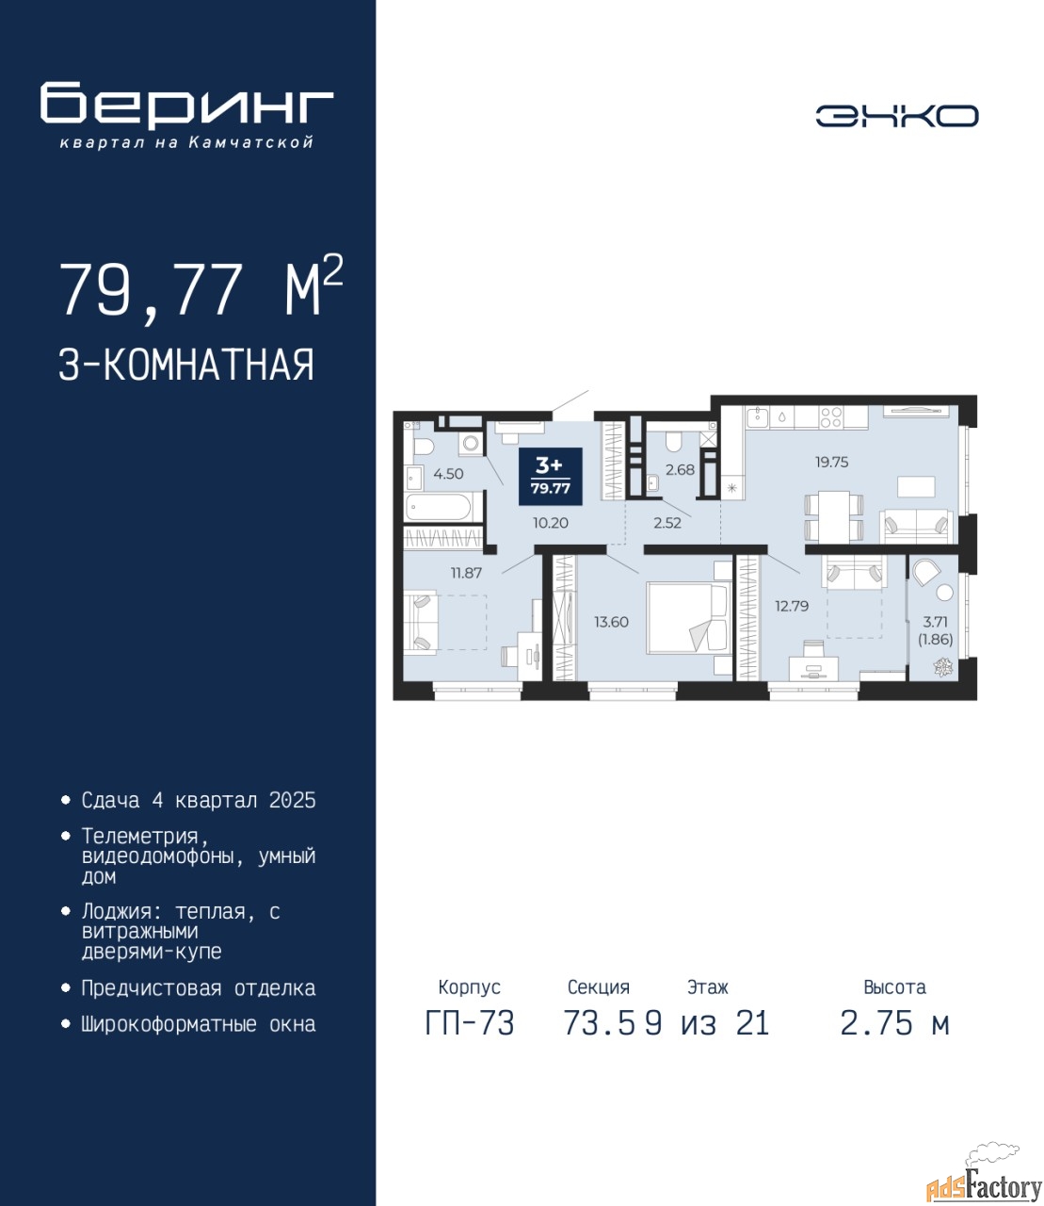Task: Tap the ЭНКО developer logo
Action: [896, 116]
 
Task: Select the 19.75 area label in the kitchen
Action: [832, 462]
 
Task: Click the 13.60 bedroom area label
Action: [612, 622]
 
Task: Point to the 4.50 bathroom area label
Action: [448, 474]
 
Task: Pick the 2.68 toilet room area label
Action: [681, 470]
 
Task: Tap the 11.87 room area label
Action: [466, 573]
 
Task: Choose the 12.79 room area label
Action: [792, 606]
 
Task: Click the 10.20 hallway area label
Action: [551, 523]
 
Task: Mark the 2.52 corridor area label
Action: [667, 523]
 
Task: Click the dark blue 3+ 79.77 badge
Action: [551, 476]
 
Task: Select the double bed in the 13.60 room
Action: [689, 618]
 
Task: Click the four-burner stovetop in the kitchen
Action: [830, 417]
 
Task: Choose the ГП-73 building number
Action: [470, 1023]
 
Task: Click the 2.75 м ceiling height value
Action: [894, 1023]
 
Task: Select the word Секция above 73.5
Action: [599, 987]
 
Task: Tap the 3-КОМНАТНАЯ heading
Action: [186, 365]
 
